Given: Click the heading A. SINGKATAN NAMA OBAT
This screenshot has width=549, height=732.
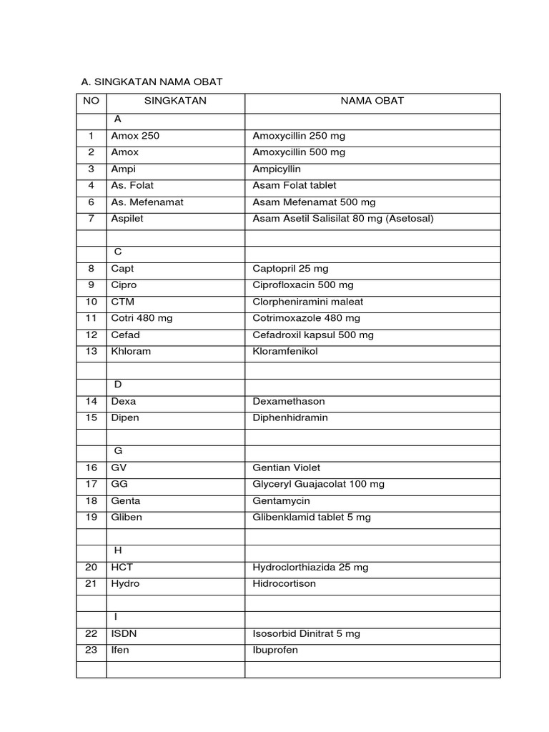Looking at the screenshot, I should pos(152,82).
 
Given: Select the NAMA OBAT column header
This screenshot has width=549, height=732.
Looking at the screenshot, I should pos(372,101).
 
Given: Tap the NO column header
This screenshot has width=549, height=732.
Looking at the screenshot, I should pos(91,101).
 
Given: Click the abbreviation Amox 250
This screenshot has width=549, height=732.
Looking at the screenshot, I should pos(135,136).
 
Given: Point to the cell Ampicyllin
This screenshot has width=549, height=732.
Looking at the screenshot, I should pos(277,169).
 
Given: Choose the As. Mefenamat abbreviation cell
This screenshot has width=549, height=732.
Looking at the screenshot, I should pos(147,202).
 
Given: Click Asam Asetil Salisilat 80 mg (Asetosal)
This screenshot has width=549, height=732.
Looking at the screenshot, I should pos(343,219).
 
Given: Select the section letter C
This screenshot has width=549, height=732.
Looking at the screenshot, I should pos(118,252).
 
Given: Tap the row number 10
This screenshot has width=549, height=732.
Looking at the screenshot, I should pos(91,302).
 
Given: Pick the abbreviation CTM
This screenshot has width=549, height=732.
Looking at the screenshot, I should pos(123,302).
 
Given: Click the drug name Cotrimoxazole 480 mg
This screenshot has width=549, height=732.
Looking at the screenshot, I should pos(307,318).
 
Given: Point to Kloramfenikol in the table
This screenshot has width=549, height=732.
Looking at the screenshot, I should pos(285,352).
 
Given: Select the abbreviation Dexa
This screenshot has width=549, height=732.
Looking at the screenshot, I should pos(123,402).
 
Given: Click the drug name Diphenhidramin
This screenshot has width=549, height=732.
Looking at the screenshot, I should pos(290,418).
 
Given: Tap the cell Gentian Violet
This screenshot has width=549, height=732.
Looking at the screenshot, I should pos(287,468).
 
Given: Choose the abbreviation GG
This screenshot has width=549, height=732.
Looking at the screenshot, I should pos(119,485).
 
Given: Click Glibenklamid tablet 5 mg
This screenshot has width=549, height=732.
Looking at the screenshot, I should pos(312,518).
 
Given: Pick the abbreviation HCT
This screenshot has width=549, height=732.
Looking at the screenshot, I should pos(122,568).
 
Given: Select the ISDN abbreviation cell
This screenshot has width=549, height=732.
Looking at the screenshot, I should pos(124,634).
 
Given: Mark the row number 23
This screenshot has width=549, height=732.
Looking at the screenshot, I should pos(91,651).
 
